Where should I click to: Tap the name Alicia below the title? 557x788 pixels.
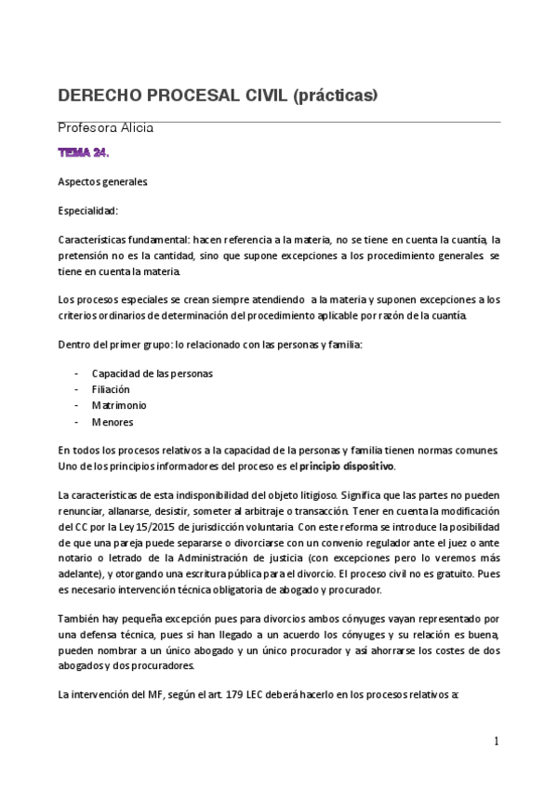point(133,127)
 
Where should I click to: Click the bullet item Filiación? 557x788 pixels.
point(111,389)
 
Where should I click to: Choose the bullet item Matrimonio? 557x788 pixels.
point(119,405)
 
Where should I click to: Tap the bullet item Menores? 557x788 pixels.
point(113,422)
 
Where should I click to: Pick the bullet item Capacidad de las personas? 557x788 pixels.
point(152,374)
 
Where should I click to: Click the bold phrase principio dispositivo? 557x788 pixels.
point(347,466)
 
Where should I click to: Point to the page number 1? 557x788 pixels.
point(497,741)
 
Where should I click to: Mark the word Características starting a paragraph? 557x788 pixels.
point(94,240)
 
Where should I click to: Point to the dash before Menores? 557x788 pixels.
point(76,422)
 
